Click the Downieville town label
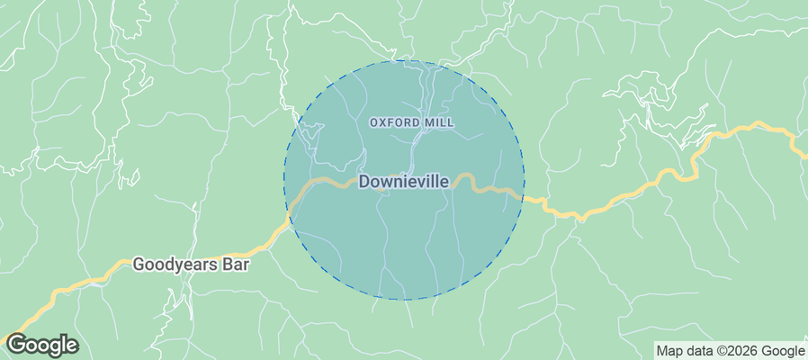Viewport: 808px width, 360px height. (404, 182)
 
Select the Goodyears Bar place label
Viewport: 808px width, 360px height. (191, 265)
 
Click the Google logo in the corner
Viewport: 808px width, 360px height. (41, 345)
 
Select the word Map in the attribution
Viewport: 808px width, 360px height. (669, 351)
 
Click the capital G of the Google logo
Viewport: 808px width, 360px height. (15, 345)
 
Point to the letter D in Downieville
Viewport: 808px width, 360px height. (364, 182)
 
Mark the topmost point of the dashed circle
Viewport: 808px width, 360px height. (404, 60)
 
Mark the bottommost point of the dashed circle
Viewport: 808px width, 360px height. (404, 300)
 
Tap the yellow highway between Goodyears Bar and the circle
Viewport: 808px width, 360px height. (266, 245)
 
